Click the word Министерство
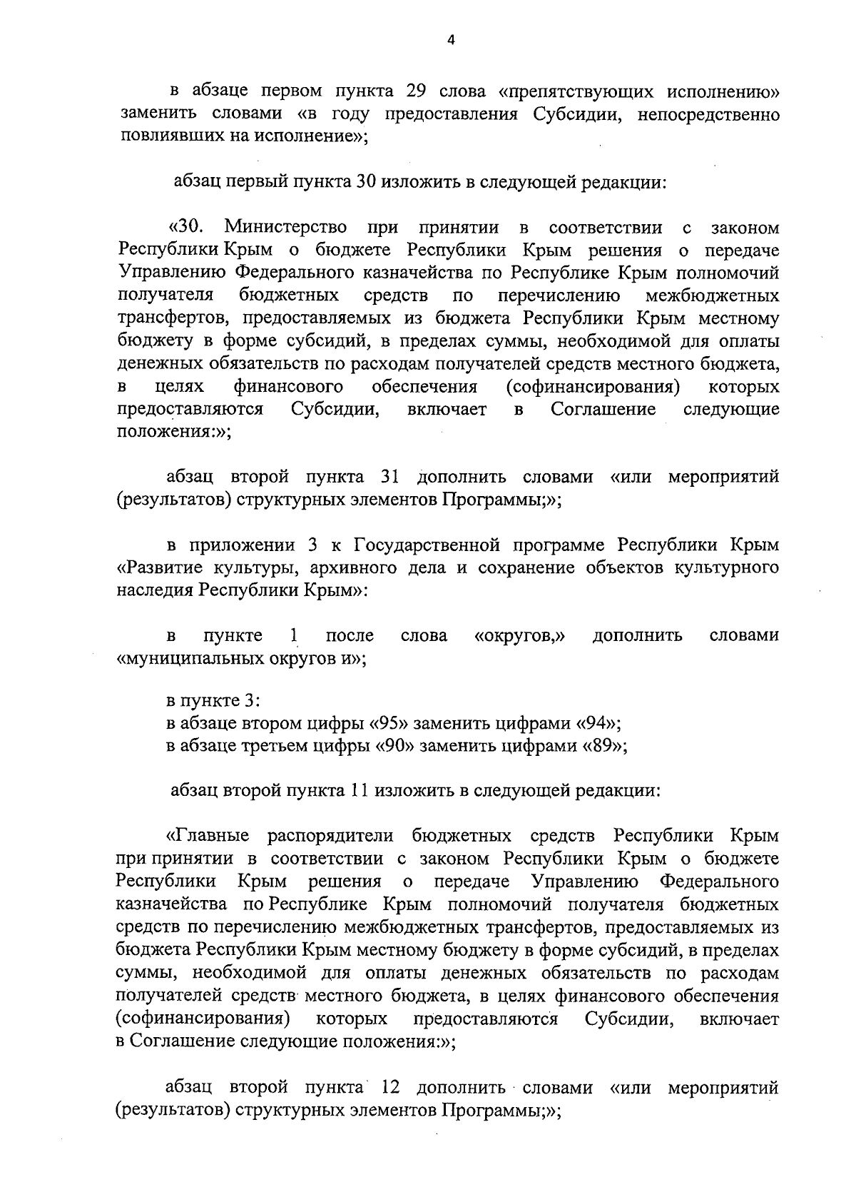point(286,228)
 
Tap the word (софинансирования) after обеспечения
point(591,387)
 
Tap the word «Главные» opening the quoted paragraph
point(208,835)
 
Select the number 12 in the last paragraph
point(392,1088)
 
